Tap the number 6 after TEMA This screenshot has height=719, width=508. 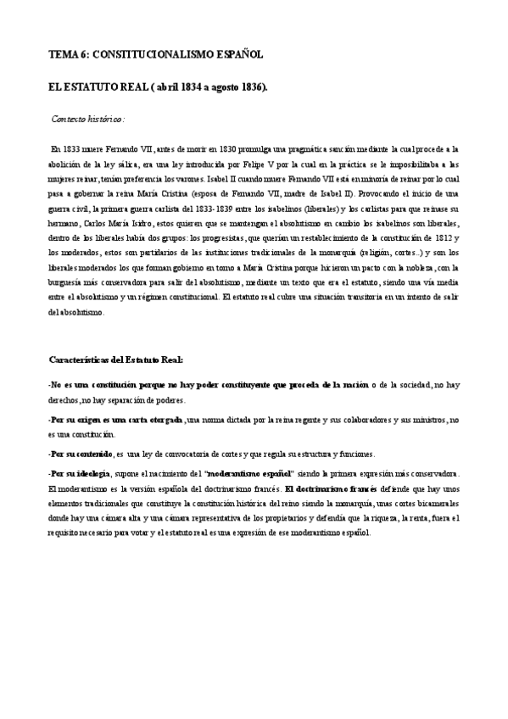(x=82, y=54)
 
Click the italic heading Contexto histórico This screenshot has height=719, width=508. (x=88, y=119)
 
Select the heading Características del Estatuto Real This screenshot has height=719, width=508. (x=122, y=359)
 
